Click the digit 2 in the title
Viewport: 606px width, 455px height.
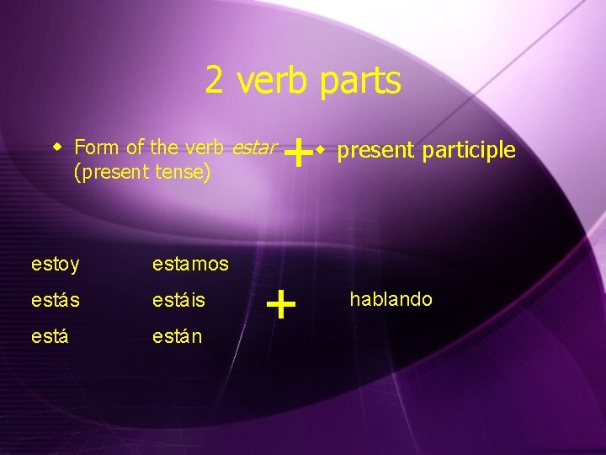coord(215,81)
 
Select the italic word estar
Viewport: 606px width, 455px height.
coord(253,147)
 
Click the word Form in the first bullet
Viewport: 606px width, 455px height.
coord(97,147)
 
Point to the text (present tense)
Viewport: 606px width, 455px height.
coord(142,173)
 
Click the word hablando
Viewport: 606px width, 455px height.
coord(391,299)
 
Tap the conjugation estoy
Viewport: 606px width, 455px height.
coord(55,265)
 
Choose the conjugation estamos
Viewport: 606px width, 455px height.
coord(190,265)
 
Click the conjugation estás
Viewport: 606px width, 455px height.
coord(55,299)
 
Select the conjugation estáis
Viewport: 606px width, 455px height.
coord(179,299)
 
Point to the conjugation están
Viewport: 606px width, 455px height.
coord(177,335)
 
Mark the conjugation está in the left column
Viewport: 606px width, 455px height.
coord(50,335)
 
